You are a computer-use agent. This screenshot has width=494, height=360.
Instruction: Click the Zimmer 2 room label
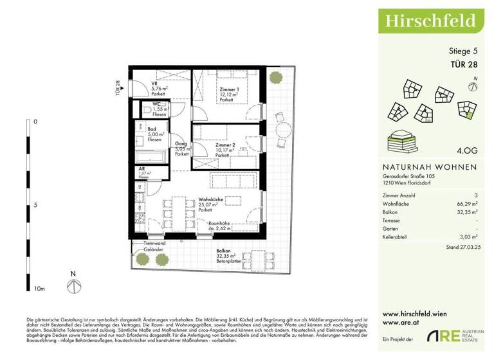(x=226, y=146)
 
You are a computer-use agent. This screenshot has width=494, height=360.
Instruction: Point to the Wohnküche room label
(x=211, y=200)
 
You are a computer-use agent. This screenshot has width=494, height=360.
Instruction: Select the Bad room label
(x=152, y=129)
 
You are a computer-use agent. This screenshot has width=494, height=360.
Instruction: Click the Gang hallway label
(x=181, y=145)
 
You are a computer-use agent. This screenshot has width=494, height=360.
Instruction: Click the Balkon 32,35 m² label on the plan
(x=224, y=251)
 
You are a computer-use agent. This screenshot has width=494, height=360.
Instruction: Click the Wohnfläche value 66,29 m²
(x=466, y=201)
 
